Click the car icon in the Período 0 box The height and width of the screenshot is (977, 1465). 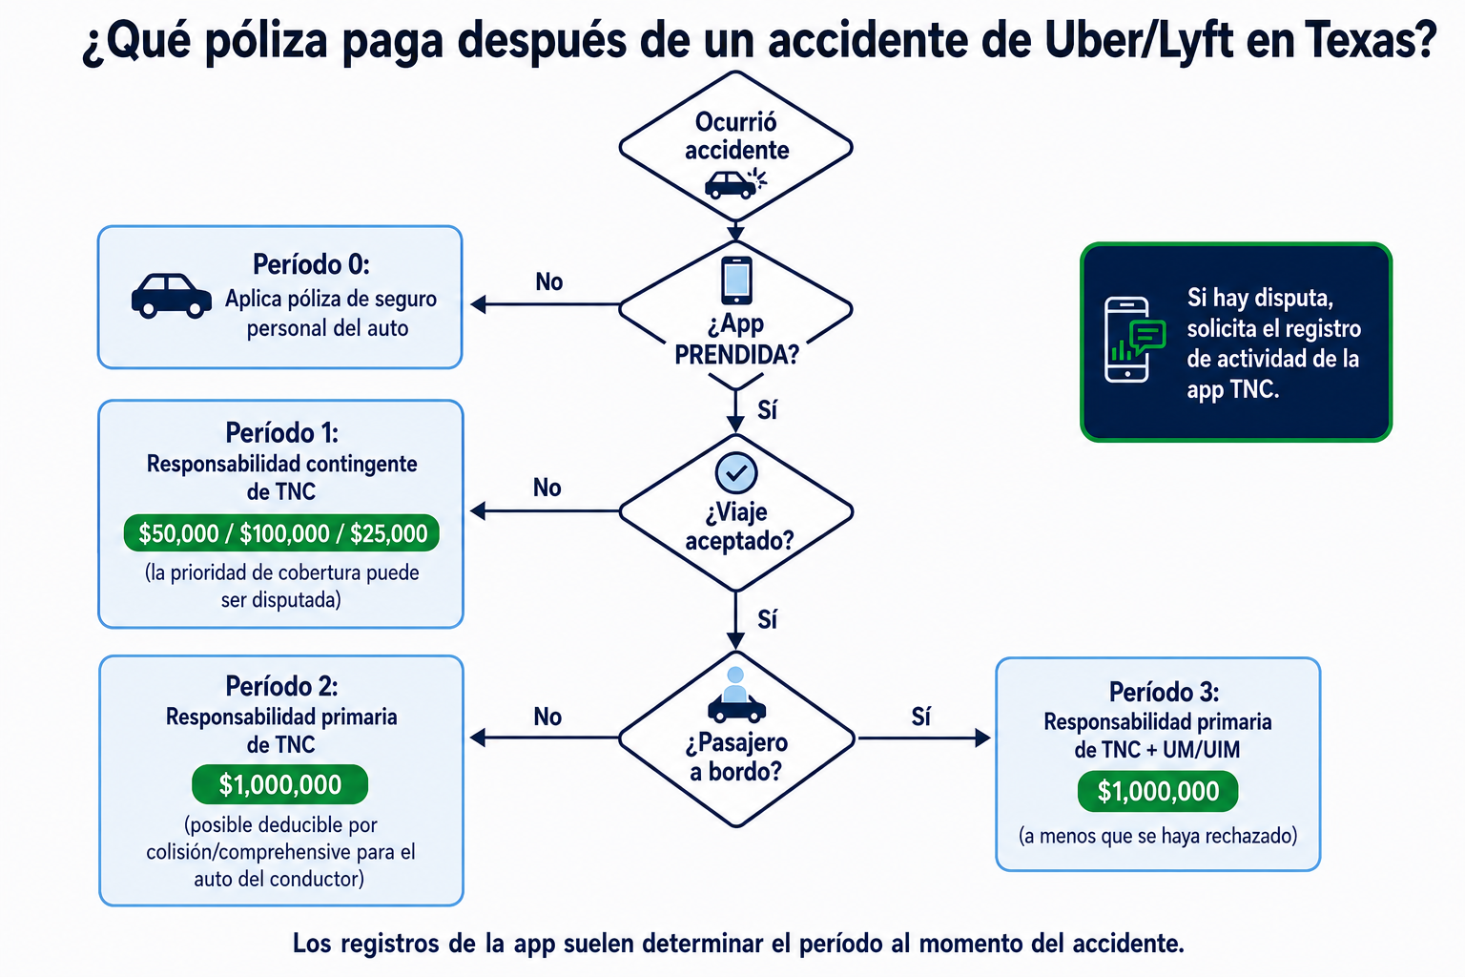point(172,297)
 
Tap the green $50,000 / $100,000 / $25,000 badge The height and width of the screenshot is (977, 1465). point(281,533)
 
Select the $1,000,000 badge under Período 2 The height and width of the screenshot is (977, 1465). point(279,784)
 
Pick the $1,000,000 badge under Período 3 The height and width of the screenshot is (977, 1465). point(1158,791)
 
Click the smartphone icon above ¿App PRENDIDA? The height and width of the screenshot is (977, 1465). point(736,281)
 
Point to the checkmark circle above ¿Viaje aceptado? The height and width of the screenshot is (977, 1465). point(736,472)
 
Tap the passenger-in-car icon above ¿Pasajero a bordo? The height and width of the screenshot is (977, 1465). point(736,695)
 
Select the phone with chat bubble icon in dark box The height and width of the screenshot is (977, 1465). point(1134,340)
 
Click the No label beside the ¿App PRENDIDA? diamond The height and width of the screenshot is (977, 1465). point(548,282)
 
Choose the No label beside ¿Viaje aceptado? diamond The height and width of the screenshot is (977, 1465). point(547,488)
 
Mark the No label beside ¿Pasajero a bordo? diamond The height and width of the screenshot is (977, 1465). point(547,717)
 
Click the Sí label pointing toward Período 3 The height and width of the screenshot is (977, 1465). point(920,717)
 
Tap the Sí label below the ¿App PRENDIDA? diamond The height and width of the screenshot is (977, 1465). point(767,409)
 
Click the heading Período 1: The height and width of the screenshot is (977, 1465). point(282,432)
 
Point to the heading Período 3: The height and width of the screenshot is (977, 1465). point(1164,692)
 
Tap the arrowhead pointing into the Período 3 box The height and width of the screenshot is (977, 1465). point(982,738)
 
